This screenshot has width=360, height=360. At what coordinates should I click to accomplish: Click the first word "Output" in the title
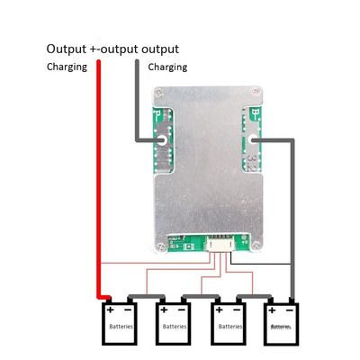coord(67,48)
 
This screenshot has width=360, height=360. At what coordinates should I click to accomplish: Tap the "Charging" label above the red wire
coord(67,67)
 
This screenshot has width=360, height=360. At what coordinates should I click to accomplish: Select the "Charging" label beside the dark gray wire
coord(166,67)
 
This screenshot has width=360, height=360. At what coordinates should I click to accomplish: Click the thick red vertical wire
coord(98,180)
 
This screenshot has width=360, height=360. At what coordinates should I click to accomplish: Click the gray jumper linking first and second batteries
coord(146,295)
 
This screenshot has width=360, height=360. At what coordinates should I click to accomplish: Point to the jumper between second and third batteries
coord(200,295)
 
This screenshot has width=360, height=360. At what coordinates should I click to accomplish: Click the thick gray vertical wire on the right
coord(291,216)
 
